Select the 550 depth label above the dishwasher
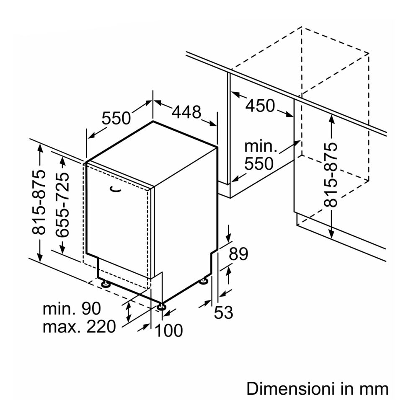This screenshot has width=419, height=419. [116, 119]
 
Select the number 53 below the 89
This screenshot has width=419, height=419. [223, 312]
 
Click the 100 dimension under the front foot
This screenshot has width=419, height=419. [169, 331]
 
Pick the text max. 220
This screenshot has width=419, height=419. [79, 326]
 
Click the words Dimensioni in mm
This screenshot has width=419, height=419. [317, 388]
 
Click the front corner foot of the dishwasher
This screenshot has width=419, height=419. [161, 307]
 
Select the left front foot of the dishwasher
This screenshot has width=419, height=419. [105, 284]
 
